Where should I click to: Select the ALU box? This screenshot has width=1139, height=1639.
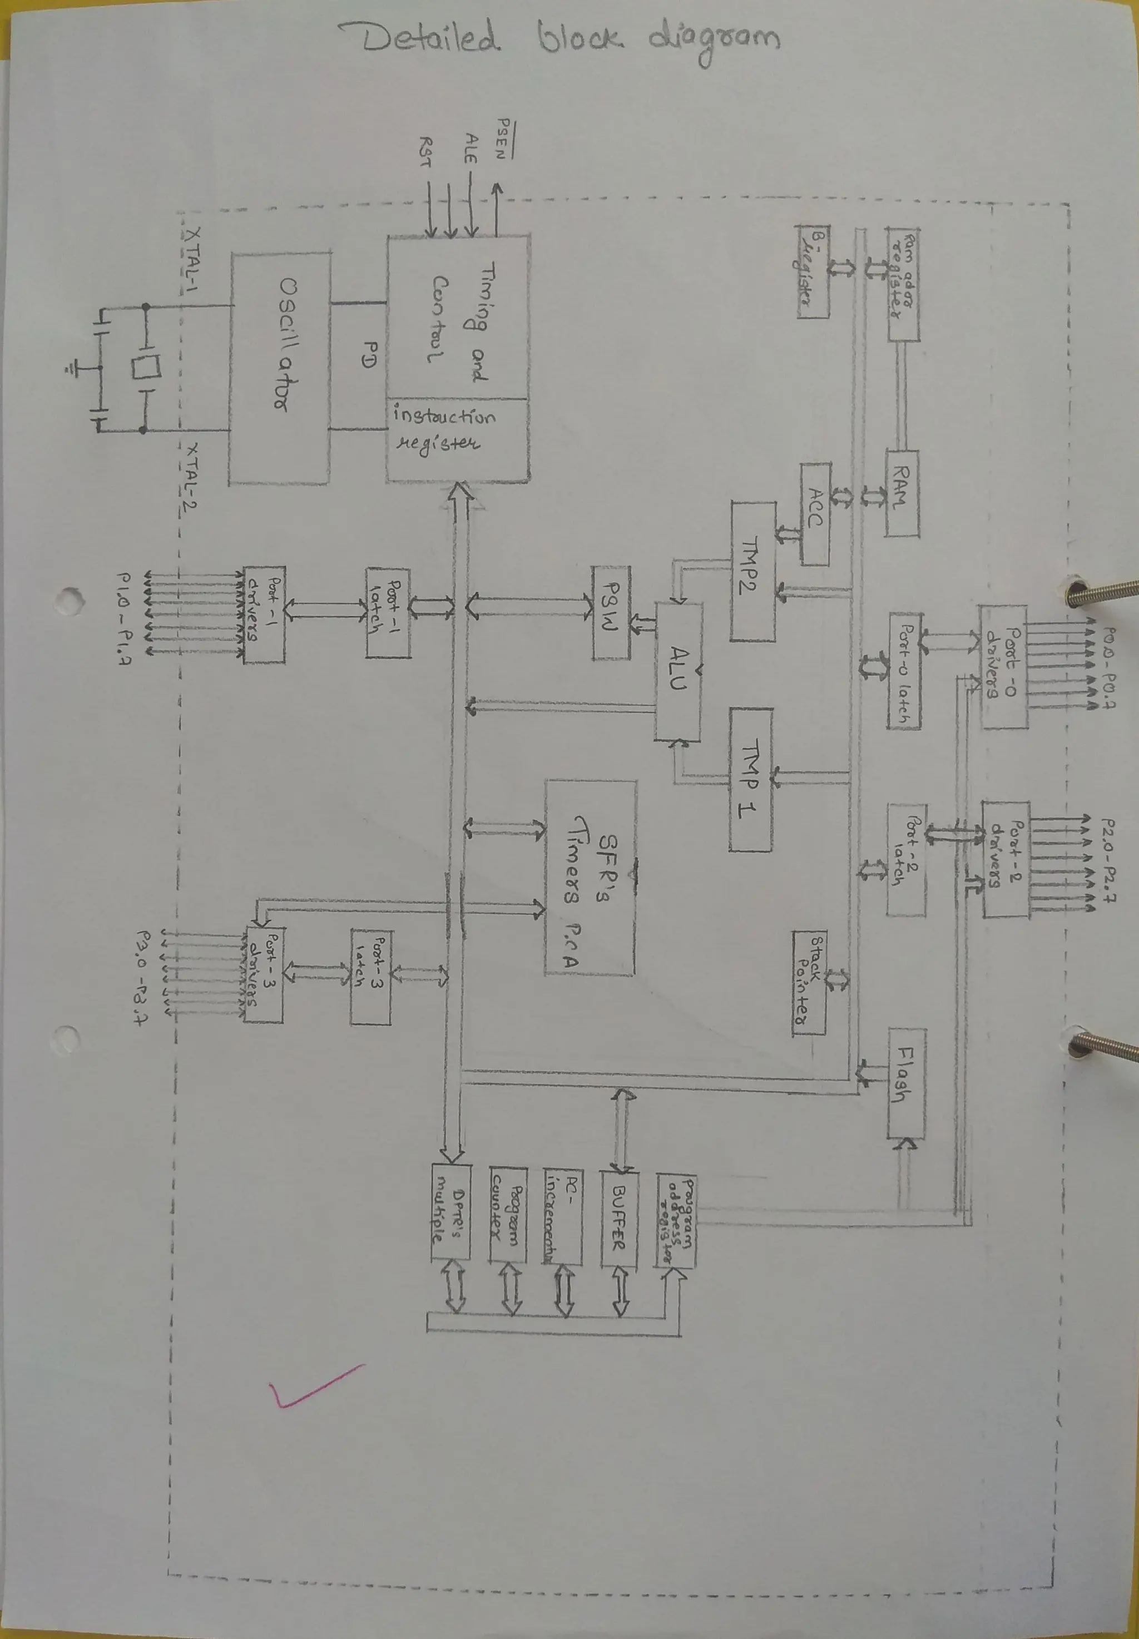(678, 671)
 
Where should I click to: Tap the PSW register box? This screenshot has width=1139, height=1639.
(611, 612)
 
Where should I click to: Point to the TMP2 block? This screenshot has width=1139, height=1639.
(753, 571)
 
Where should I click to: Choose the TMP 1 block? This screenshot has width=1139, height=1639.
(750, 779)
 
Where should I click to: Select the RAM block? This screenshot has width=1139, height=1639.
(902, 492)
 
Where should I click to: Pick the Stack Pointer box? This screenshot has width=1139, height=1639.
(809, 983)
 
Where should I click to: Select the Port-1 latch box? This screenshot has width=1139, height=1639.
(388, 612)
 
